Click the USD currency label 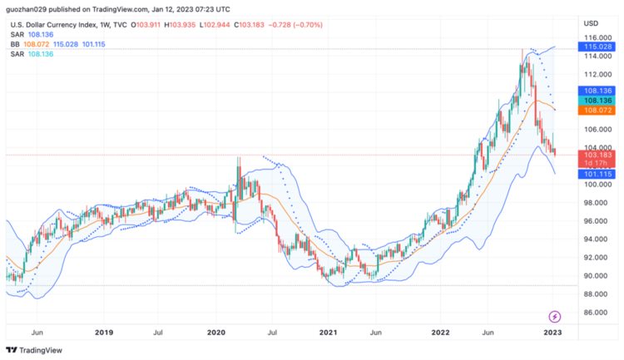pyautogui.click(x=592, y=22)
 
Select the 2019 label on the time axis pyautogui.click(x=104, y=333)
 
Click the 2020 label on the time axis pyautogui.click(x=216, y=333)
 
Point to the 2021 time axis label pyautogui.click(x=329, y=333)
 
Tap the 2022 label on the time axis pyautogui.click(x=442, y=333)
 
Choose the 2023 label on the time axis pyautogui.click(x=553, y=333)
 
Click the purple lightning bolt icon pyautogui.click(x=556, y=316)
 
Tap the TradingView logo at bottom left pyautogui.click(x=27, y=350)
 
